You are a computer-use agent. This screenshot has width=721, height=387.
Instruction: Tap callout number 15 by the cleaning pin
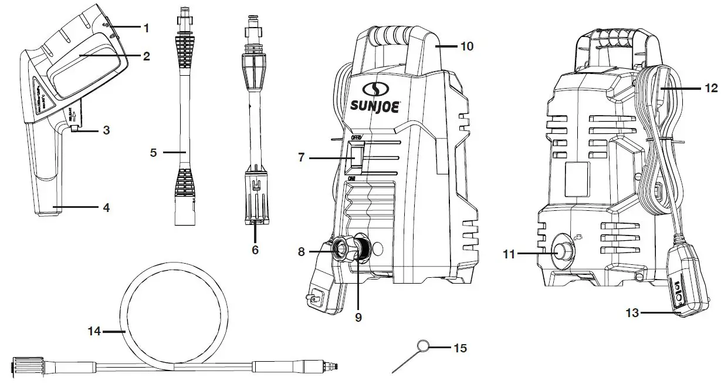coord(461,348)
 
